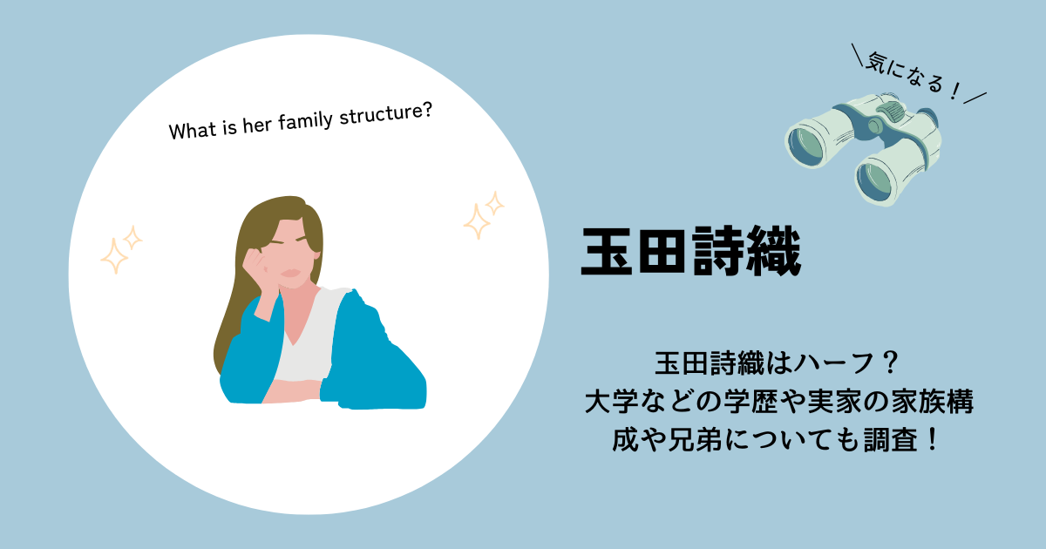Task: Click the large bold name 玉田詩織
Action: coord(691,252)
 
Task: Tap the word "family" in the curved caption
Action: coord(305,121)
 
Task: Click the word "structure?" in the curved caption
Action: coord(385,113)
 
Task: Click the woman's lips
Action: coord(290,273)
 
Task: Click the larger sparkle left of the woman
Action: coord(114,255)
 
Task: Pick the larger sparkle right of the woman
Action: coord(477,221)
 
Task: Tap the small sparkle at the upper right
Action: coord(494,204)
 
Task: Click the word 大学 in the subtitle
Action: coord(612,402)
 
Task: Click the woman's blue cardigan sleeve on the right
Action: coord(374,355)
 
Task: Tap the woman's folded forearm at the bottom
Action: coord(293,391)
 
